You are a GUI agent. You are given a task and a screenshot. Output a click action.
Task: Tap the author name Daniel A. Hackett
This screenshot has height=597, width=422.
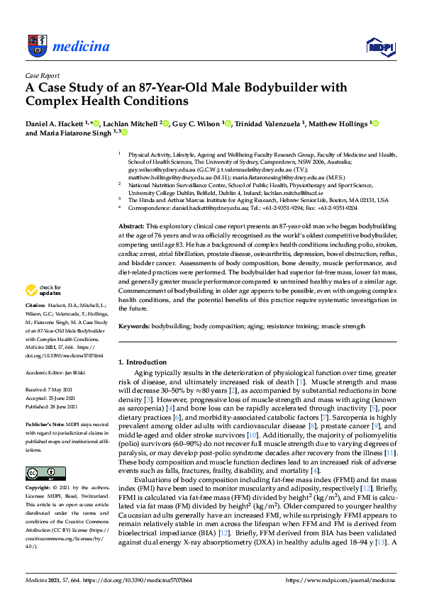52,123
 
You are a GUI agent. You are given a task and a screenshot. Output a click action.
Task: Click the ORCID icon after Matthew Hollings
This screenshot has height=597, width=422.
376,123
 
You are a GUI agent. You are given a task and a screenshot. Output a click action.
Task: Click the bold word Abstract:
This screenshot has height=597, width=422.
131,225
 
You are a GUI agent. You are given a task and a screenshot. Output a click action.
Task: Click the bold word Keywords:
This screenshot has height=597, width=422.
135,327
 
